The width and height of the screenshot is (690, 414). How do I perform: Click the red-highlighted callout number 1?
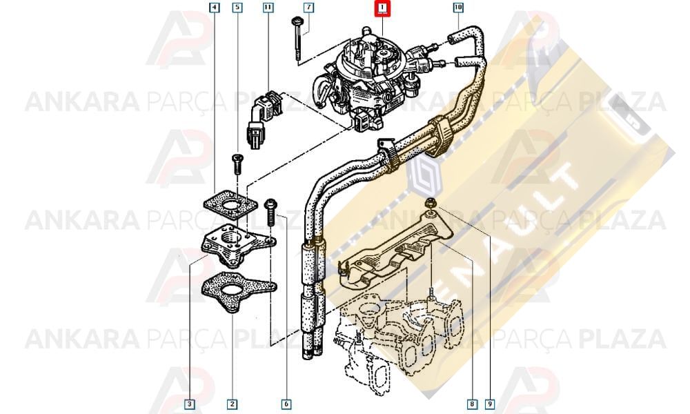tap(382, 9)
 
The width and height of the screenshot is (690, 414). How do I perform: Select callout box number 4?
tap(215, 8)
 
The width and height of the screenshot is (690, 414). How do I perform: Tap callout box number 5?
tap(237, 8)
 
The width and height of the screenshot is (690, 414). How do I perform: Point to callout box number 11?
tap(268, 8)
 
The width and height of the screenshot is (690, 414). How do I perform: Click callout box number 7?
tap(308, 8)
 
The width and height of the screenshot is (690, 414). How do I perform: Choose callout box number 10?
tap(458, 8)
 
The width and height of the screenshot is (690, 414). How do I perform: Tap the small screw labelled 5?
tap(237, 163)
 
